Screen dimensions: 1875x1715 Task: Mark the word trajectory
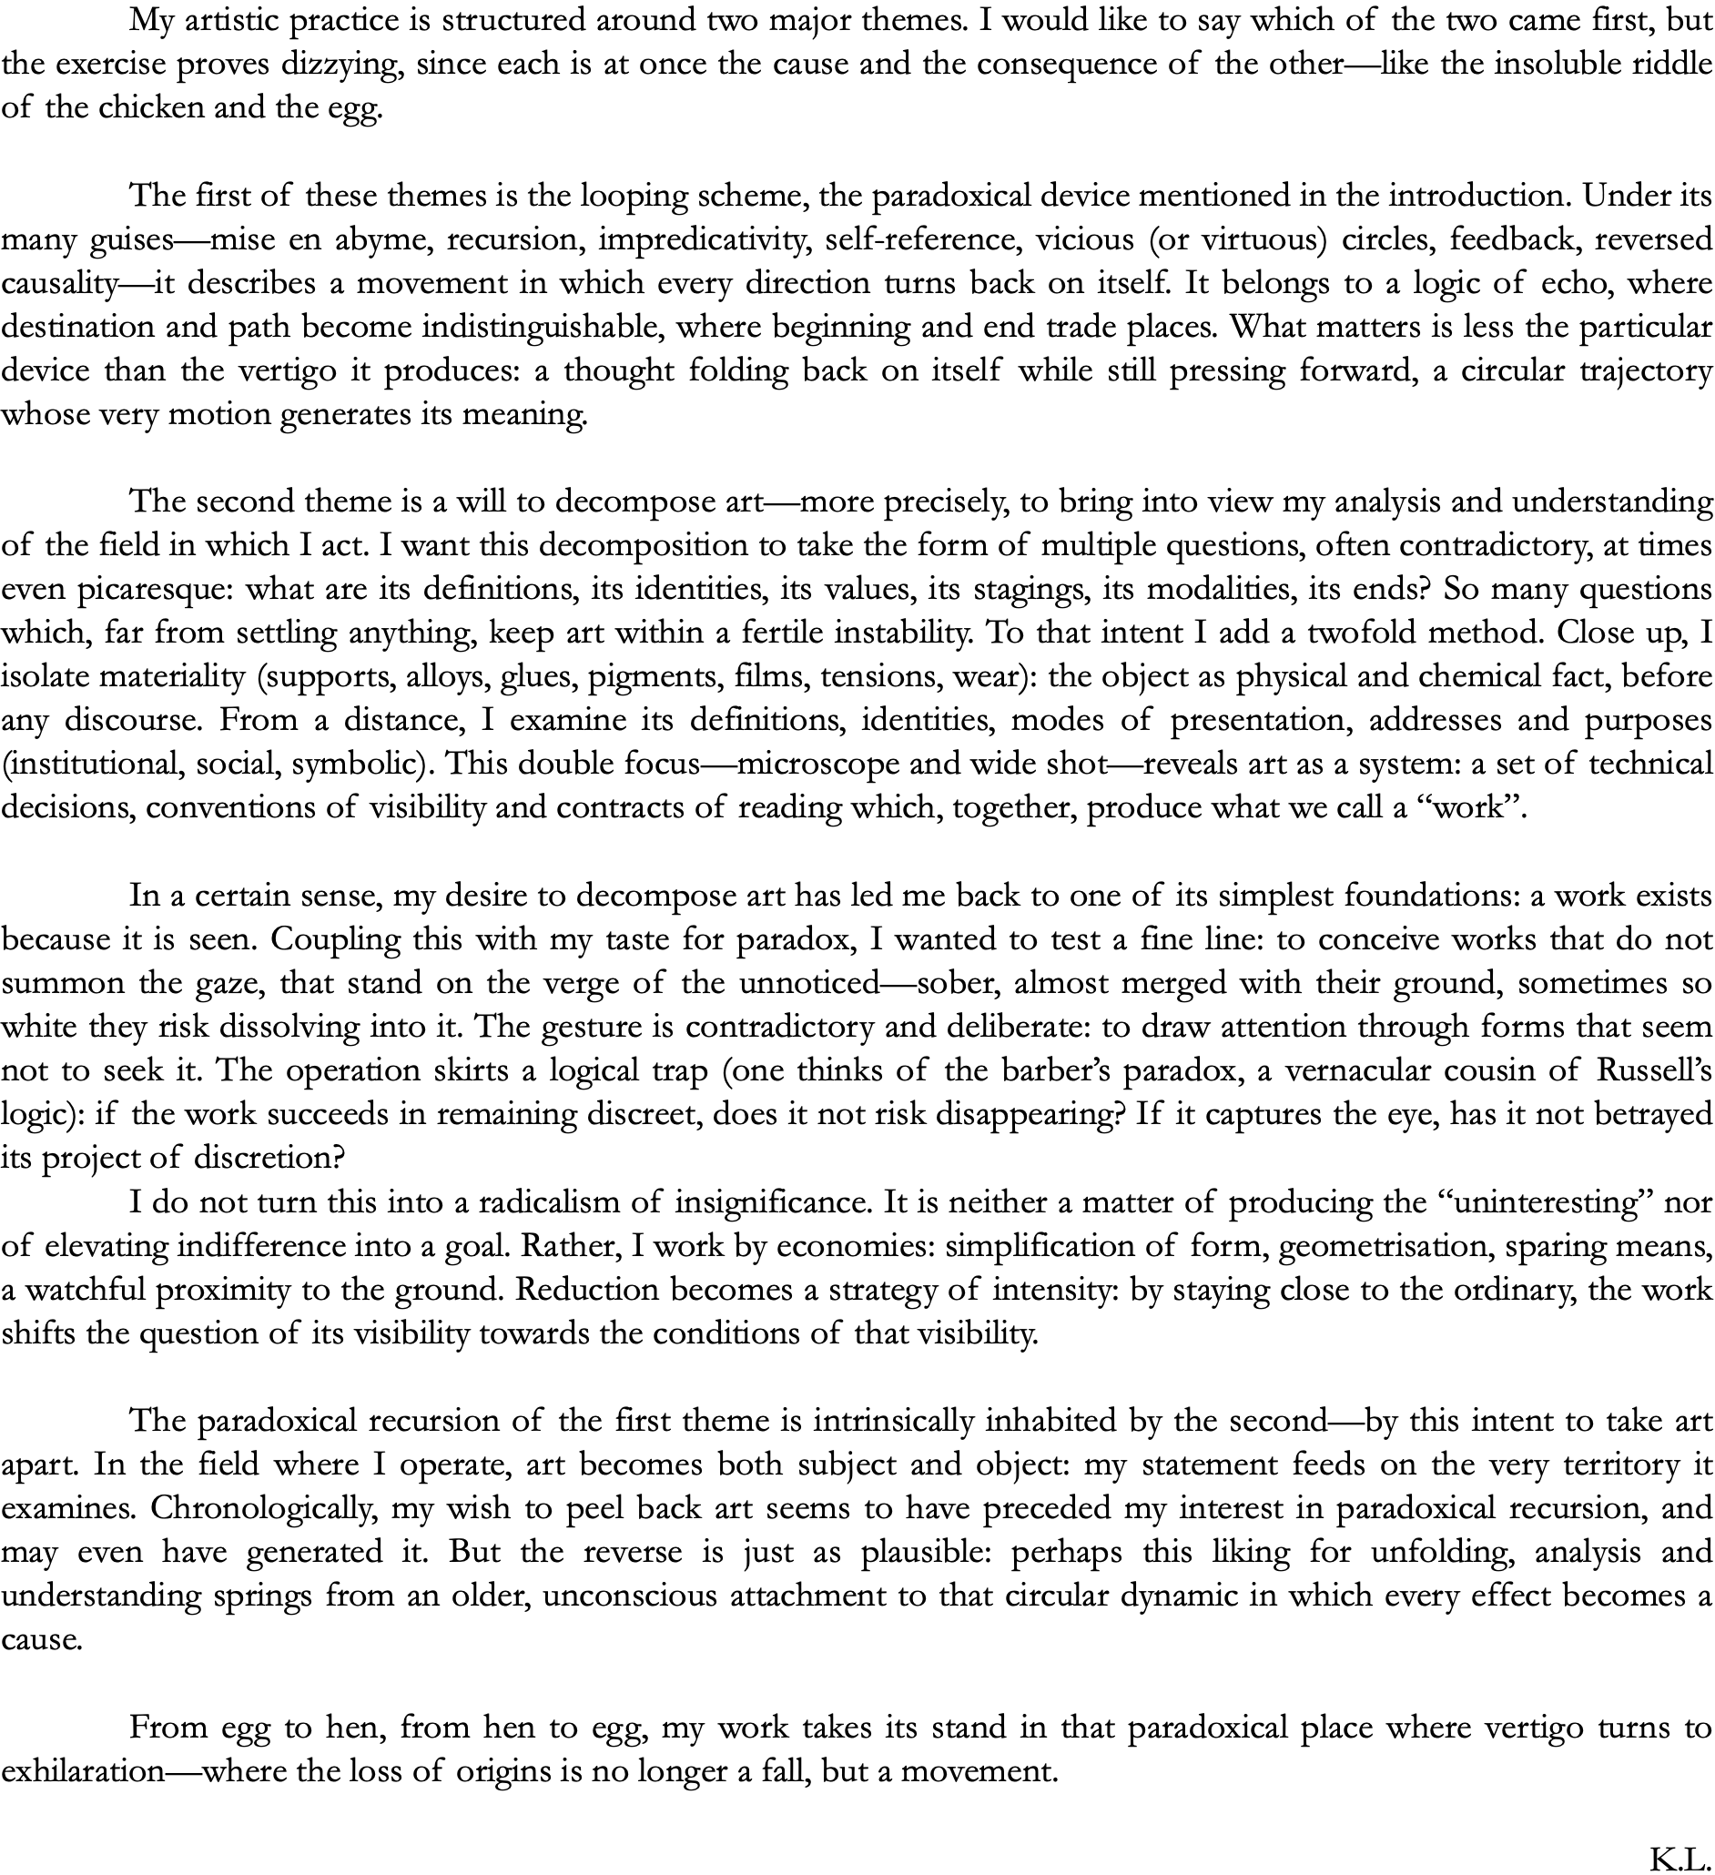[1646, 371]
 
